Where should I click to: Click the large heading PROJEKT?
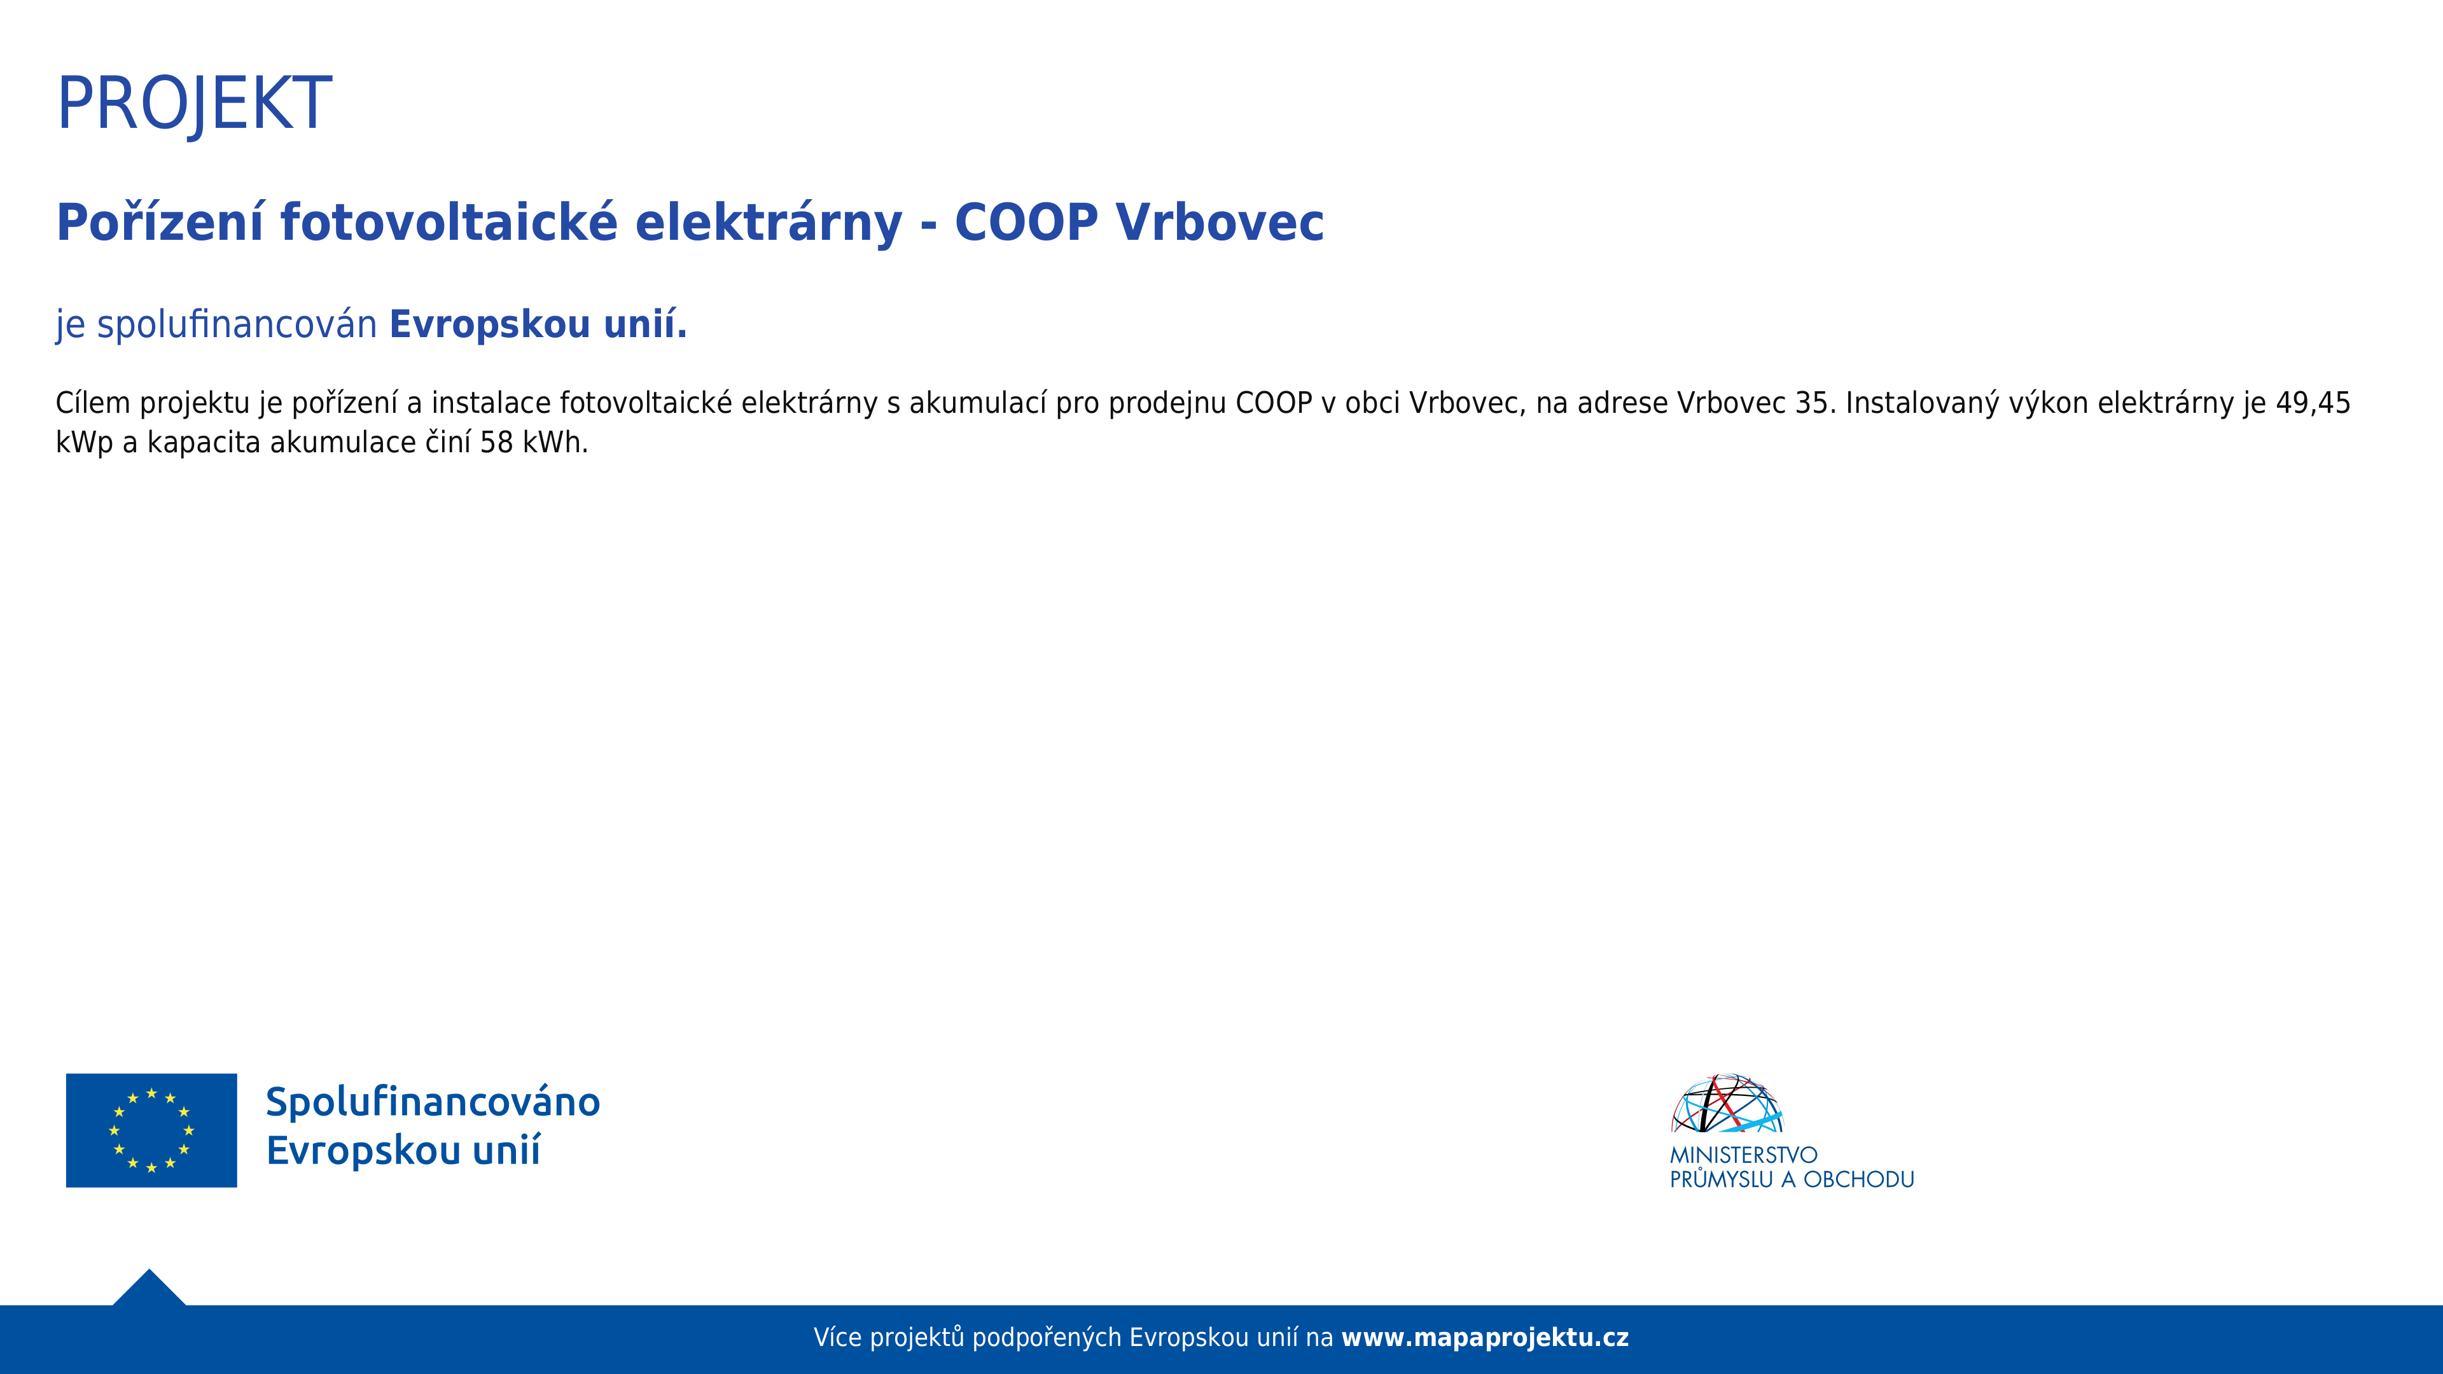tap(195, 103)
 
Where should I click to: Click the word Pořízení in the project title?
tap(159, 223)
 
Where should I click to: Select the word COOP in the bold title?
tap(1026, 223)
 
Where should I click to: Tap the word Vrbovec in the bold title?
tap(1220, 223)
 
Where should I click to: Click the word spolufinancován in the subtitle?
tap(237, 325)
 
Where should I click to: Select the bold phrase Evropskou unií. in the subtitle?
tap(538, 325)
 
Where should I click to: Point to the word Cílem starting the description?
tap(93, 403)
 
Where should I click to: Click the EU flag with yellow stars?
tap(152, 1130)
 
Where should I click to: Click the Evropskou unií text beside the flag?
tap(403, 1150)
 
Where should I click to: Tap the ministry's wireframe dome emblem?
tap(1727, 1104)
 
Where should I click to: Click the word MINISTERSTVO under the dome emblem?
tap(1743, 1155)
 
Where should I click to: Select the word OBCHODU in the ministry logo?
tap(1859, 1179)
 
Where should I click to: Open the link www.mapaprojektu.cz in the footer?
tap(1485, 1338)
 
